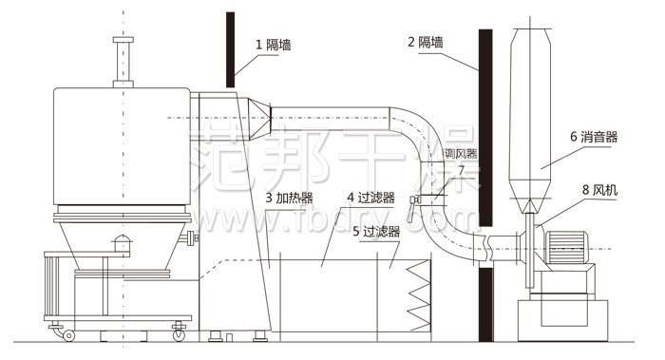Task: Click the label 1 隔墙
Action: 273,43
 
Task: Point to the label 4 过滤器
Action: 370,198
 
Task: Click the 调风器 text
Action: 460,152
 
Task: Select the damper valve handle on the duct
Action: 416,200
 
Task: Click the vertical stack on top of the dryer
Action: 121,62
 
